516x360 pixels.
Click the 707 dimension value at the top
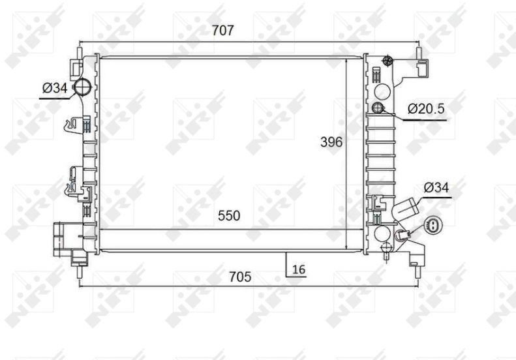click(x=222, y=30)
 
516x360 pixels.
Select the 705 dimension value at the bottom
click(x=240, y=277)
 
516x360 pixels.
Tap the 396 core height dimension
click(x=331, y=142)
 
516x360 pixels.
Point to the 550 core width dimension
click(x=229, y=215)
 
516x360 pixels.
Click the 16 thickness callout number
click(x=299, y=269)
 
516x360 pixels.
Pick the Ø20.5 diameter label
click(x=426, y=108)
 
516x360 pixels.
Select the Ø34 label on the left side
click(x=55, y=88)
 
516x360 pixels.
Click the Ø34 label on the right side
click(x=436, y=188)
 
